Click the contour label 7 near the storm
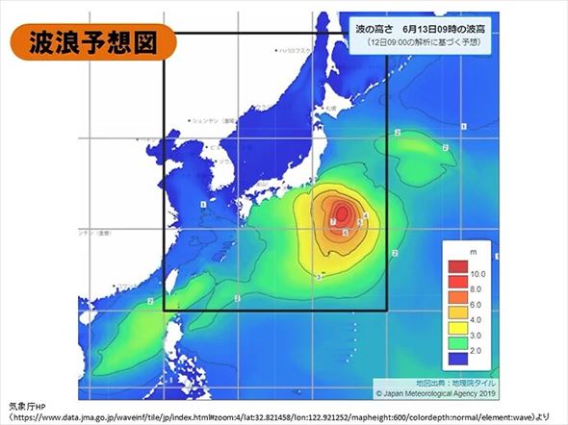332,222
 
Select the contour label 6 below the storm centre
345,233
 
